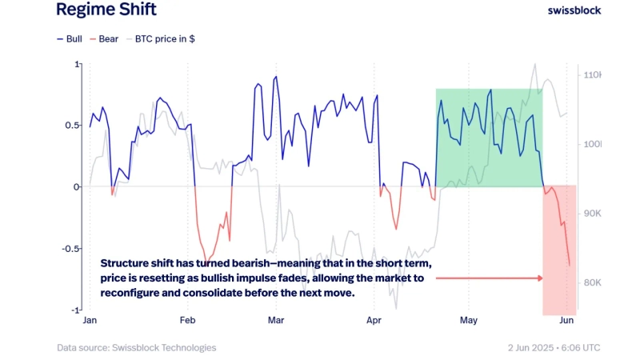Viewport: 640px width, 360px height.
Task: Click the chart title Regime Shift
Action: point(106,10)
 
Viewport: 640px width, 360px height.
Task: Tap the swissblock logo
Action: point(574,10)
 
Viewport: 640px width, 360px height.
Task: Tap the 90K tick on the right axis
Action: point(593,214)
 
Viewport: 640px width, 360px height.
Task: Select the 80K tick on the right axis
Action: point(593,283)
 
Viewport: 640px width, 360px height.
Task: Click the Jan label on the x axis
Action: point(90,322)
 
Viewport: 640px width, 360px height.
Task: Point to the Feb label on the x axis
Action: point(187,322)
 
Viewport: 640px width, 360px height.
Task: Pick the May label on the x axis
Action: point(469,322)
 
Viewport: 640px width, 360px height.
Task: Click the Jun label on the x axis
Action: point(566,322)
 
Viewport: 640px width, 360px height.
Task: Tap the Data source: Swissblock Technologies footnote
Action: point(136,348)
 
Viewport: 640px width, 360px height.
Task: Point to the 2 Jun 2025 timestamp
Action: point(535,348)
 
